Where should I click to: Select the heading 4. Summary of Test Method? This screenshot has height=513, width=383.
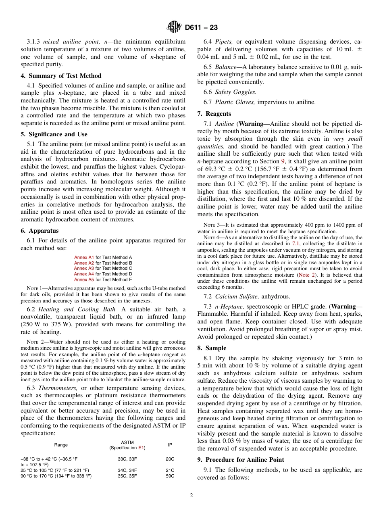61,76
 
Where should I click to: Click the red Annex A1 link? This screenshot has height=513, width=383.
84,257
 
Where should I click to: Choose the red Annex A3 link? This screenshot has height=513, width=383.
84,268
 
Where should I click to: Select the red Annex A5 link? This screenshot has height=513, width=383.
84,279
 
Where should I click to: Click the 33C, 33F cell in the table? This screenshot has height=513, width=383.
127,459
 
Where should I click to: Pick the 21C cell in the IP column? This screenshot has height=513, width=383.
170,470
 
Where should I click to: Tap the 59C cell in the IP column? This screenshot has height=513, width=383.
170,476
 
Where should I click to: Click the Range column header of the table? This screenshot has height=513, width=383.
61,445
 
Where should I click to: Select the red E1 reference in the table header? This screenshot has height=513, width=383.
141,448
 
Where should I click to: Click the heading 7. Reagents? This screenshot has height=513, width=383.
214,114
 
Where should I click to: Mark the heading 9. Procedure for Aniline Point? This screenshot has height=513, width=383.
241,460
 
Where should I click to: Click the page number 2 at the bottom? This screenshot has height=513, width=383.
191,496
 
